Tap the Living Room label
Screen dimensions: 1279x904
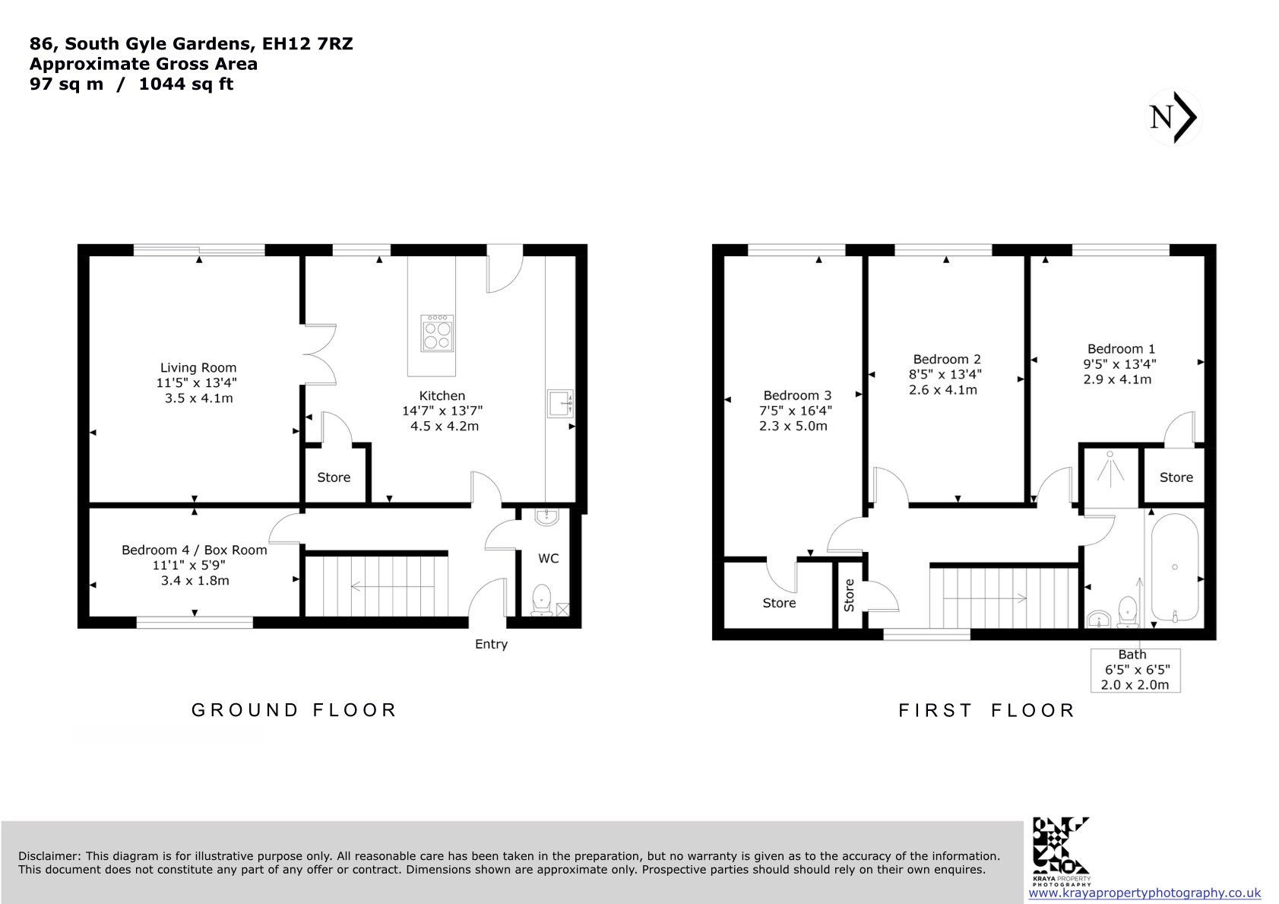[x=198, y=368]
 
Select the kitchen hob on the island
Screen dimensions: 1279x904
[x=438, y=333]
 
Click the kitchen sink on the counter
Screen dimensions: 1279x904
[x=560, y=404]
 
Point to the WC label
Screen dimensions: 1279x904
[x=548, y=559]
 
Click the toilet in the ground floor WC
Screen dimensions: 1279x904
[x=541, y=601]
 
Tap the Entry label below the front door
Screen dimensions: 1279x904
[x=491, y=645]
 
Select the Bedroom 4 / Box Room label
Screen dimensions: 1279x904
[x=194, y=550]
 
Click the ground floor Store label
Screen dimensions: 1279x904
[x=334, y=477]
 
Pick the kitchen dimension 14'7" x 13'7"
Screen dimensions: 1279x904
[x=442, y=411]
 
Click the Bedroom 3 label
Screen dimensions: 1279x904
[x=797, y=395]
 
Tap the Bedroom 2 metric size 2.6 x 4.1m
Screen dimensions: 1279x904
[x=942, y=390]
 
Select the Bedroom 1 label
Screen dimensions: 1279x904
[x=1121, y=349]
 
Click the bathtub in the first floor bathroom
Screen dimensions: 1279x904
[x=1175, y=567]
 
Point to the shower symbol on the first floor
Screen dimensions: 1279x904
[x=1110, y=469]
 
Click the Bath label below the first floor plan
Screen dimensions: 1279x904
[x=1132, y=655]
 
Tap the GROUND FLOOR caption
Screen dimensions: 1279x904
[x=294, y=710]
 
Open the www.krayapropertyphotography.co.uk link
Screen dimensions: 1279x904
[x=1144, y=893]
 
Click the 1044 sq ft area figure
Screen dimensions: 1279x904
[x=186, y=84]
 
